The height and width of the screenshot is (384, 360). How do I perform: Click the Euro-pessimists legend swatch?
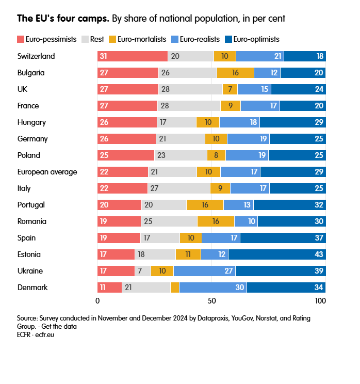pyautogui.click(x=21, y=39)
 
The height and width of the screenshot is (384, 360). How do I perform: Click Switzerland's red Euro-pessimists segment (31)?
pyautogui.click(x=133, y=56)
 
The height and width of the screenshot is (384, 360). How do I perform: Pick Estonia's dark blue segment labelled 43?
pyautogui.click(x=277, y=254)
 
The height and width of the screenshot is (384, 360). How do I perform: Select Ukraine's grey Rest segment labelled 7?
pyautogui.click(x=143, y=271)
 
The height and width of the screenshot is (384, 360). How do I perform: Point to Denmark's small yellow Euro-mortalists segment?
pyautogui.click(x=175, y=287)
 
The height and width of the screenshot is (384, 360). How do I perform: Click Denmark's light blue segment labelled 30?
pyautogui.click(x=213, y=287)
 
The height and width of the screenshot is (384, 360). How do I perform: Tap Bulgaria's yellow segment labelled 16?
pyautogui.click(x=236, y=73)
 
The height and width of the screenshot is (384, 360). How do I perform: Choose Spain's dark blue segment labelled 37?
pyautogui.click(x=283, y=238)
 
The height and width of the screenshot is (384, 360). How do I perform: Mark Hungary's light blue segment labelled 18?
pyautogui.click(x=240, y=122)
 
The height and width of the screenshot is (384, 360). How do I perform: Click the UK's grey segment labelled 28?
pyautogui.click(x=191, y=89)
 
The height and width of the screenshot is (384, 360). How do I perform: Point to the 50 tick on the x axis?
pyautogui.click(x=211, y=300)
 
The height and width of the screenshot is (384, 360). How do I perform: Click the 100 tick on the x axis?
pyautogui.click(x=320, y=300)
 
